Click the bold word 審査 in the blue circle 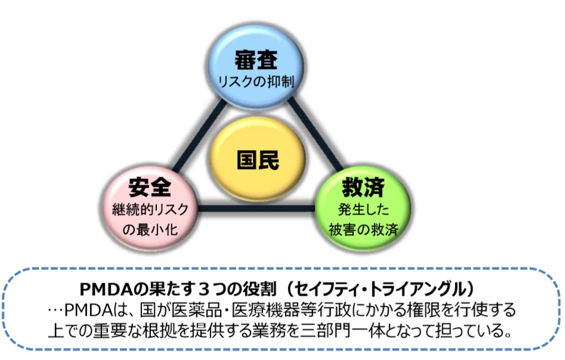tap(256, 60)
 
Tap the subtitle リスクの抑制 tap(256, 82)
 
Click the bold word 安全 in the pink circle tap(150, 187)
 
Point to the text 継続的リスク tap(150, 209)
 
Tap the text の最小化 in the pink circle tap(150, 229)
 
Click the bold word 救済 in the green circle tap(363, 187)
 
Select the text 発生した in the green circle tap(363, 209)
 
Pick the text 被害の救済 tap(363, 229)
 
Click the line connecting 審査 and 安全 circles tap(199, 136)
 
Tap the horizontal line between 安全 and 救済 tap(257, 208)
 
